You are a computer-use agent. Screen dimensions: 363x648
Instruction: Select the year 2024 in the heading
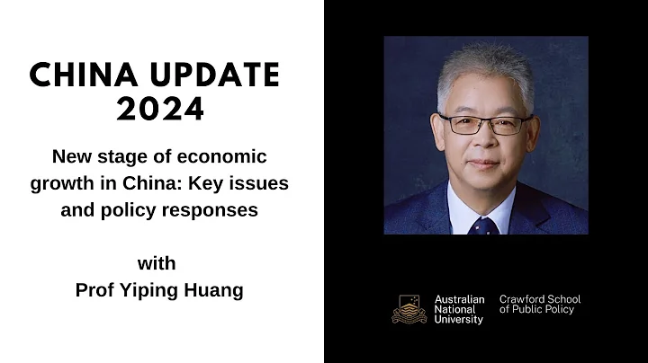[161, 110]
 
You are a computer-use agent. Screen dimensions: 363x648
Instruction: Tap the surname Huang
[219, 291]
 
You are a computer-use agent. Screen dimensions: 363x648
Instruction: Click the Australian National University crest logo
[409, 309]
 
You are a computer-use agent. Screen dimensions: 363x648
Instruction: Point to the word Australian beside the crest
[459, 299]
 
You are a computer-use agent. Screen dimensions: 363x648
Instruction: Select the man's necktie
[484, 225]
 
